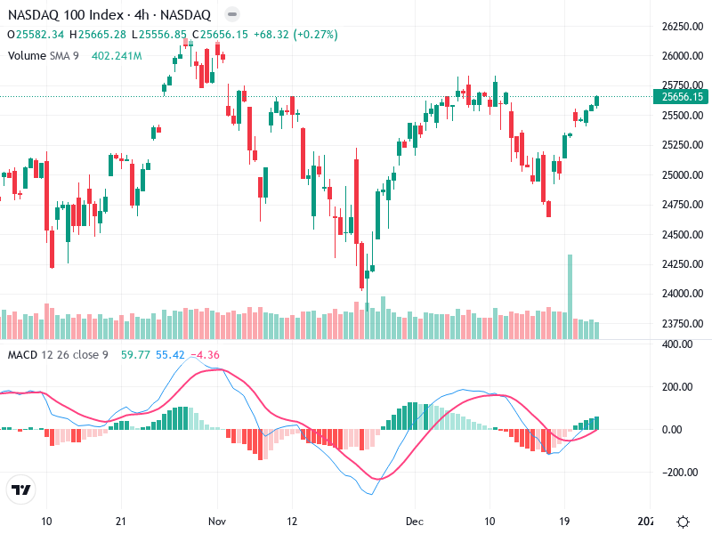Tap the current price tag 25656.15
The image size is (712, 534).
678,97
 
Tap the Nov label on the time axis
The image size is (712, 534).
215,522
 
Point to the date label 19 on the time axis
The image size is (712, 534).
563,522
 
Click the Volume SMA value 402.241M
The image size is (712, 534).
117,55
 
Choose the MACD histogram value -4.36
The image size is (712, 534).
206,355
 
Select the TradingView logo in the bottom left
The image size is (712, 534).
21,489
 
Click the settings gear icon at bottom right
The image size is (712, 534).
683,522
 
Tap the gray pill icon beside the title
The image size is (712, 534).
231,15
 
